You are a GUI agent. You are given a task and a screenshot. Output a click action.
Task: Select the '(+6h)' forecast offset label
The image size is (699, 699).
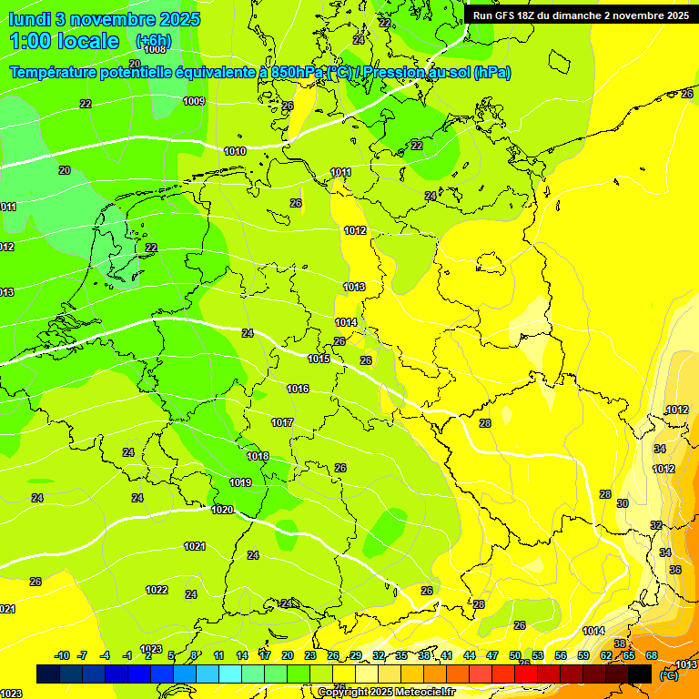pyautogui.click(x=153, y=41)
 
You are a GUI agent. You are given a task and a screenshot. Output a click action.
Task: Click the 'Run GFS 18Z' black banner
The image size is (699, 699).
pyautogui.click(x=581, y=15)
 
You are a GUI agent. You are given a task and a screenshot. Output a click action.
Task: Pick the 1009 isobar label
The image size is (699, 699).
pyautogui.click(x=194, y=101)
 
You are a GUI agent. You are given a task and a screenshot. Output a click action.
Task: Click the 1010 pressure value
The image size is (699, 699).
pyautogui.click(x=235, y=151)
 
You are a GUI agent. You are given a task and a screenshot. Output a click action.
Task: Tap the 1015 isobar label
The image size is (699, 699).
pyautogui.click(x=319, y=360)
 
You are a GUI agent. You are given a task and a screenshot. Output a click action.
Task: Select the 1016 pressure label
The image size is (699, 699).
pyautogui.click(x=298, y=389)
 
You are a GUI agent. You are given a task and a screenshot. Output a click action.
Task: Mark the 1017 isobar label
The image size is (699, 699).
pyautogui.click(x=282, y=422)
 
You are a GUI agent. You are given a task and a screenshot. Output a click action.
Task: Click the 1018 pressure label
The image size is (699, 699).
pyautogui.click(x=258, y=456)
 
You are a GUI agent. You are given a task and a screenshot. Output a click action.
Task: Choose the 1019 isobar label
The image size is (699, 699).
pyautogui.click(x=240, y=482)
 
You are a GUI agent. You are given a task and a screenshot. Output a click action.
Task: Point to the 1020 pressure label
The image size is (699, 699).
pyautogui.click(x=222, y=510)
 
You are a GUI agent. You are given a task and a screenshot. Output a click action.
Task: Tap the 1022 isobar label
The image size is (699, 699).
pyautogui.click(x=157, y=590)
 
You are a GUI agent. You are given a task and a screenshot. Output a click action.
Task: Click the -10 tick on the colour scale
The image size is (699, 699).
pyautogui.click(x=62, y=655)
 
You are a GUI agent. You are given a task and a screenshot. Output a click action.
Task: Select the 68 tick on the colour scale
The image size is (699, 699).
pyautogui.click(x=652, y=655)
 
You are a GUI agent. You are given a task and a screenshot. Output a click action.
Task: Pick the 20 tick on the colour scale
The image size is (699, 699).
pyautogui.click(x=287, y=655)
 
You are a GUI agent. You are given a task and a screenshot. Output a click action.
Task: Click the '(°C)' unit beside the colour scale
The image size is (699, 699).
pyautogui.click(x=668, y=675)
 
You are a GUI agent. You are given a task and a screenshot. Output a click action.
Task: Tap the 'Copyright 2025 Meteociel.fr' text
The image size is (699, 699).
pyautogui.click(x=386, y=692)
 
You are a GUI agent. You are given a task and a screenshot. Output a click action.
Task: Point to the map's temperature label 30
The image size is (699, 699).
pyautogui.click(x=623, y=503)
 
